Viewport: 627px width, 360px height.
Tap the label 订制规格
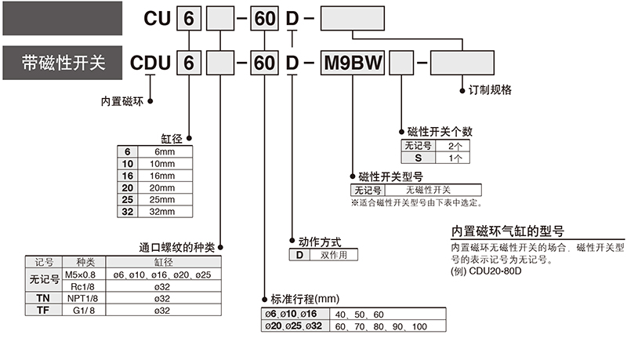click(x=484, y=90)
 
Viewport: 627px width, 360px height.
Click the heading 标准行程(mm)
click(x=303, y=299)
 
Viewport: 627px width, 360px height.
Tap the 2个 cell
click(x=454, y=146)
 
